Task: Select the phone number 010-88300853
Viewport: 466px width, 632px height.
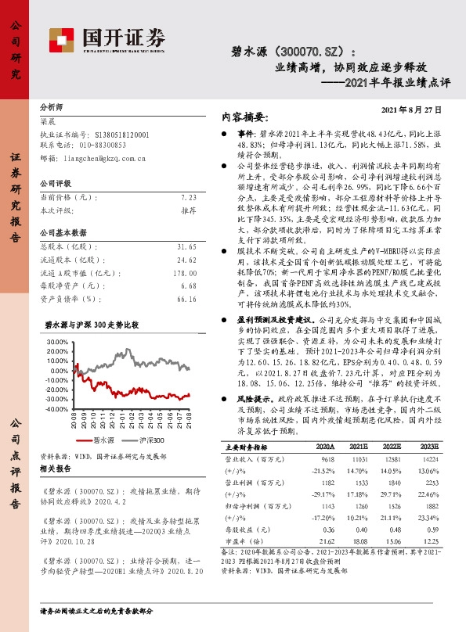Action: pos(101,145)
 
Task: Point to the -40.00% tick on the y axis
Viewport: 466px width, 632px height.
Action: pos(57,409)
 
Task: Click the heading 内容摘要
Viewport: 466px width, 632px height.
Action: pos(243,116)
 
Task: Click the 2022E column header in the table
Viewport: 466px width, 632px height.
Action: pos(391,446)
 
